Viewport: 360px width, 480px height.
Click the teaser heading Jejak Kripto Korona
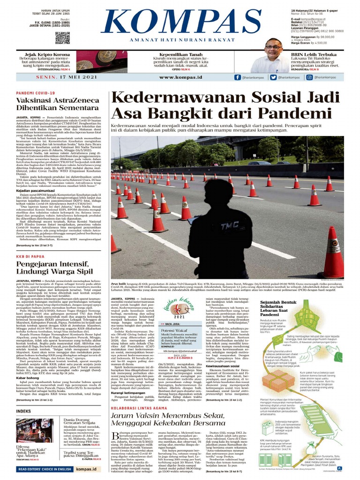[45, 54]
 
